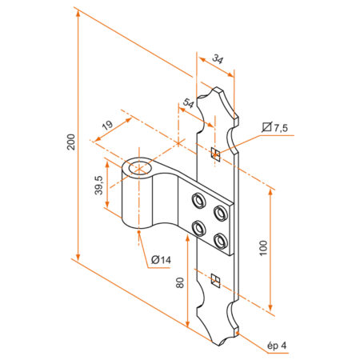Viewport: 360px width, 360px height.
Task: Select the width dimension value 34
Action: [x=218, y=59]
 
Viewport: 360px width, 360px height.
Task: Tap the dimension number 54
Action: [x=188, y=104]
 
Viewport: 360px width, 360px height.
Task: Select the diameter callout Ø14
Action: [x=161, y=260]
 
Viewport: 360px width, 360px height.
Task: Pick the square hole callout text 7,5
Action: [x=280, y=128]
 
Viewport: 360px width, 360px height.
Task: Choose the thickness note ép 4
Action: [x=276, y=346]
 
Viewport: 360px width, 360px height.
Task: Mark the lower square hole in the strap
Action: [x=214, y=279]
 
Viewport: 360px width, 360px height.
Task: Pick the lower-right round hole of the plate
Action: [x=219, y=238]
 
